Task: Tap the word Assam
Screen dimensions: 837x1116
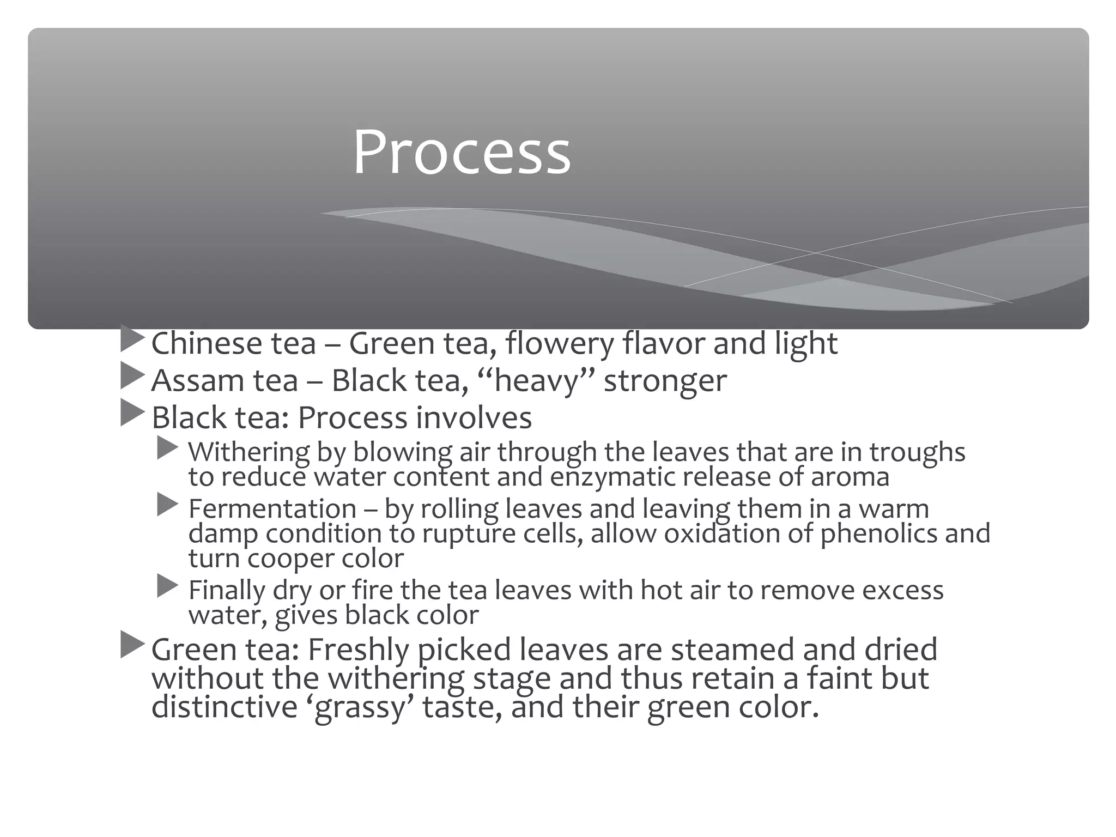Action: point(198,380)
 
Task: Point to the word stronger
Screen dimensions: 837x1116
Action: point(665,381)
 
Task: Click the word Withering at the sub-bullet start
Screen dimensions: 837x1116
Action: point(248,452)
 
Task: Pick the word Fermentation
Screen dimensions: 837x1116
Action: point(272,509)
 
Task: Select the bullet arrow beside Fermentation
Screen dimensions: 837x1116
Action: point(167,505)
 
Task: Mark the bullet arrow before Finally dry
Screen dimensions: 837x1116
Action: point(167,586)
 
